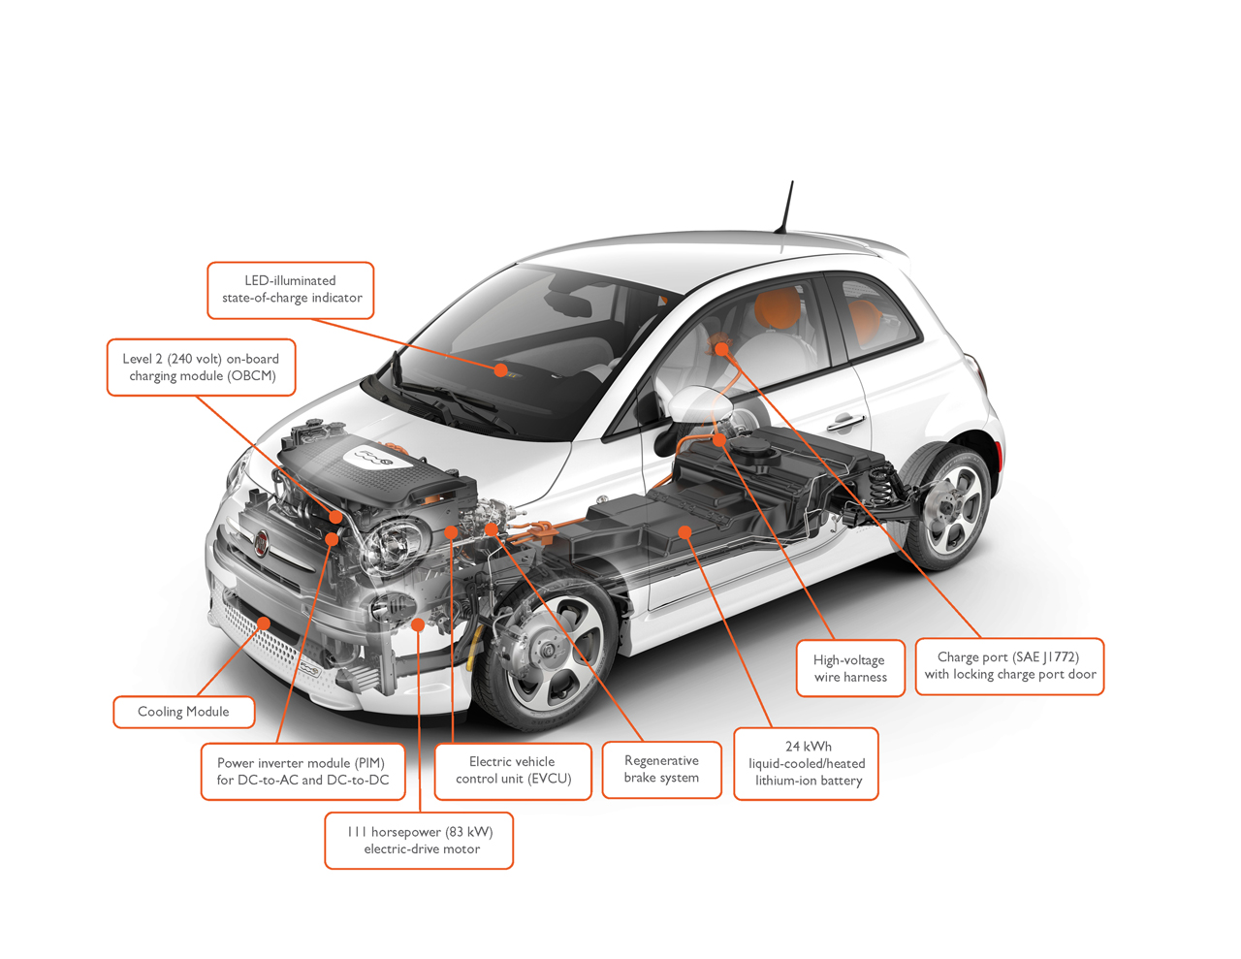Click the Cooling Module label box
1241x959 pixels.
coord(184,712)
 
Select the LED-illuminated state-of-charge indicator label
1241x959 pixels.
coord(291,290)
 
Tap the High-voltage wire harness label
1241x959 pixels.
coord(850,668)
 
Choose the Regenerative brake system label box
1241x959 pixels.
coord(661,769)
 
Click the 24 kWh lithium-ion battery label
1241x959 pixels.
coord(806,764)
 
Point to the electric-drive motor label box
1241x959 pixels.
coord(419,840)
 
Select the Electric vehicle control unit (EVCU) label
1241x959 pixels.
coord(513,771)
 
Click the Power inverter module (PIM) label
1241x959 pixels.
coord(302,772)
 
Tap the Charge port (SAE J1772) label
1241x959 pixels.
coord(1009,666)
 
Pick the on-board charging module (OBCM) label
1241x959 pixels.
coord(201,368)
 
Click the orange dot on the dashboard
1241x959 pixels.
coord(501,370)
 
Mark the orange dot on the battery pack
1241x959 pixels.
coord(684,533)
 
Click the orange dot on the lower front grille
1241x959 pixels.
coord(264,623)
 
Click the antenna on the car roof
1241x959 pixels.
coord(784,208)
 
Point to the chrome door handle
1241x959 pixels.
coord(845,422)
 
